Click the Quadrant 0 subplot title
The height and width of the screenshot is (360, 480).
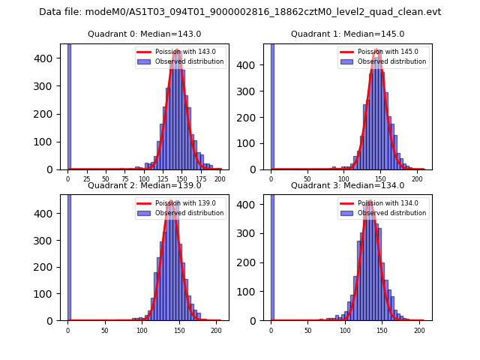point(144,34)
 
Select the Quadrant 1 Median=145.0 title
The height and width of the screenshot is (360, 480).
point(347,34)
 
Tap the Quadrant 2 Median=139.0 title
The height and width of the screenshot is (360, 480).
point(144,185)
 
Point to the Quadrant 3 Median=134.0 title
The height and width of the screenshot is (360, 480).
point(347,185)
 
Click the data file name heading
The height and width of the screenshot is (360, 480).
point(240,12)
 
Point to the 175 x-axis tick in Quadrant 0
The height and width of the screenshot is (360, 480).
point(201,179)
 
